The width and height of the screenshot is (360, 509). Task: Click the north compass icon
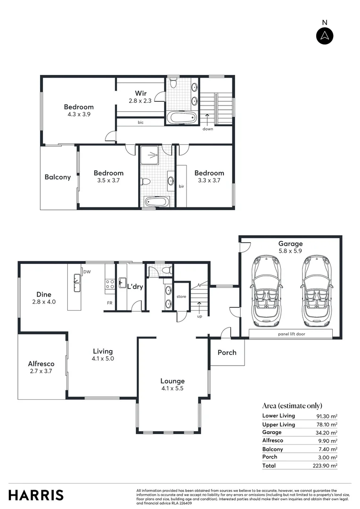(324, 36)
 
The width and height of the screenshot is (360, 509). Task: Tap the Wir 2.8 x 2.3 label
(140, 97)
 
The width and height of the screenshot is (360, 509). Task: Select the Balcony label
(57, 177)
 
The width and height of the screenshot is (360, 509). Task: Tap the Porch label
(227, 353)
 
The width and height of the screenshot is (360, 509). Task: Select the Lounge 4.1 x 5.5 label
(172, 385)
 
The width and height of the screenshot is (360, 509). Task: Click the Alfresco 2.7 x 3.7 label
(41, 367)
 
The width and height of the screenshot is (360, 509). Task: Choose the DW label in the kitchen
(87, 272)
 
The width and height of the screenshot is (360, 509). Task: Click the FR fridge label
(109, 303)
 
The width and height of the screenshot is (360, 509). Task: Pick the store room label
(181, 296)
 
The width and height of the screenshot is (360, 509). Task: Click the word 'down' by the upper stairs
(207, 129)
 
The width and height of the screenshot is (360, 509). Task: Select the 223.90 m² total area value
(327, 466)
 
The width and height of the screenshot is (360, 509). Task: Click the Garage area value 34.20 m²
(327, 432)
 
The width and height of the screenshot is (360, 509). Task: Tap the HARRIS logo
(36, 495)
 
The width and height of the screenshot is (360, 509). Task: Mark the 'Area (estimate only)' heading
(292, 405)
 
